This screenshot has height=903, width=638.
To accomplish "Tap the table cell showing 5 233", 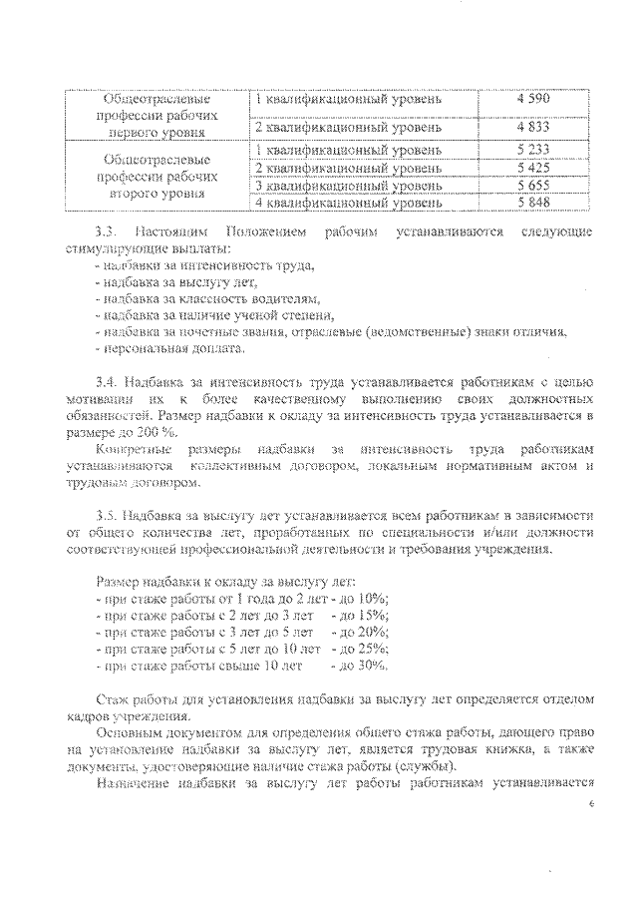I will (534, 150).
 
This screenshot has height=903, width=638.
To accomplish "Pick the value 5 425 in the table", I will (534, 168).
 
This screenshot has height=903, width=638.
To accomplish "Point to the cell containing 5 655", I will (534, 186).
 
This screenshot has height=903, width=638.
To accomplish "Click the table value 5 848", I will (534, 203).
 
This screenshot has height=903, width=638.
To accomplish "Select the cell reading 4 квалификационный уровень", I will (349, 203).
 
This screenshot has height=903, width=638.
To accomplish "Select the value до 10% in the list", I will (366, 598).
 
